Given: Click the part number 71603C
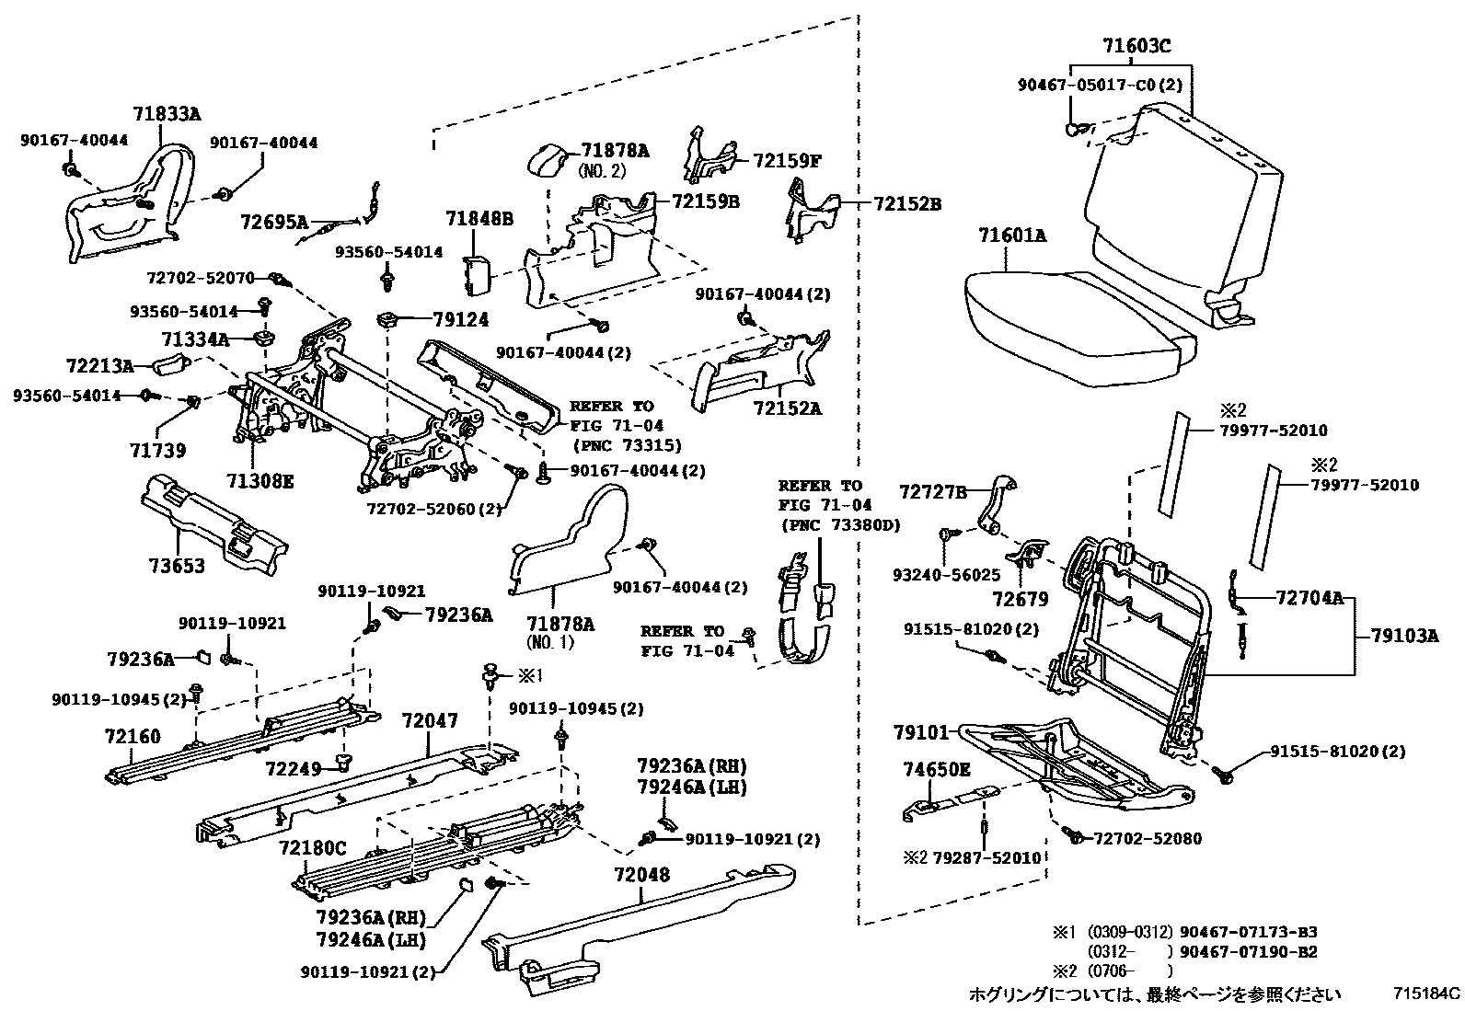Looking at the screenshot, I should (x=1136, y=46).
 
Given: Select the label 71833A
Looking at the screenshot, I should (x=167, y=114).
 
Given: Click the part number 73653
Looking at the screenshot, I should (x=178, y=565).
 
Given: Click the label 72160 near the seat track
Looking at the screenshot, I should (x=133, y=736).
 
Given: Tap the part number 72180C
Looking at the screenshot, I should (x=313, y=846).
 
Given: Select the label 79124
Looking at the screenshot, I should (x=461, y=319).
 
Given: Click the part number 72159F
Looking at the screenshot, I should (x=786, y=160).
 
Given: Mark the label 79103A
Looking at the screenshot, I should (x=1403, y=635).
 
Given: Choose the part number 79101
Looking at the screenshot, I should (x=919, y=732).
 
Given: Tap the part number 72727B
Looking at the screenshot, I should (x=932, y=493).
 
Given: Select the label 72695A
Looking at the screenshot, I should (x=274, y=222).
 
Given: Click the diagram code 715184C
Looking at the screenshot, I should (x=1425, y=994).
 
